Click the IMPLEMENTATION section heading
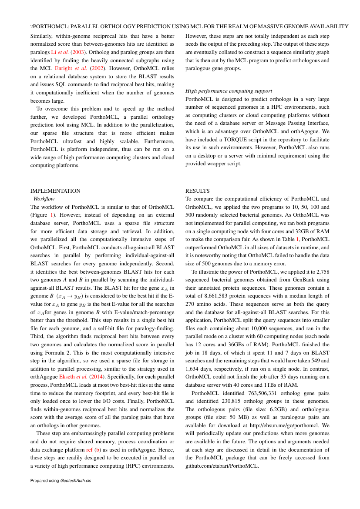[55, 191]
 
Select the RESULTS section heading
[198, 191]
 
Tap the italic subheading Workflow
[44, 198]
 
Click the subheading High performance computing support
[229, 91]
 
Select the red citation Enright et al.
[71, 68]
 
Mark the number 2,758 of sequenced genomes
[321, 271]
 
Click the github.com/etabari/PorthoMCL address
[222, 465]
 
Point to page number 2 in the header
[32, 27]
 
